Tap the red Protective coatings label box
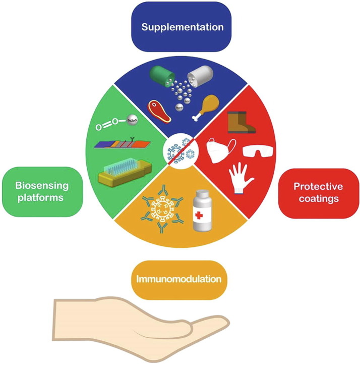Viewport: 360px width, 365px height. (x=318, y=192)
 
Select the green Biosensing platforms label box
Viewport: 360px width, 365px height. (x=42, y=191)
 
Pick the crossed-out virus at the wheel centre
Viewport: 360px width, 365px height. (x=180, y=150)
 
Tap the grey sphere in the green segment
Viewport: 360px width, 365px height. (x=130, y=119)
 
